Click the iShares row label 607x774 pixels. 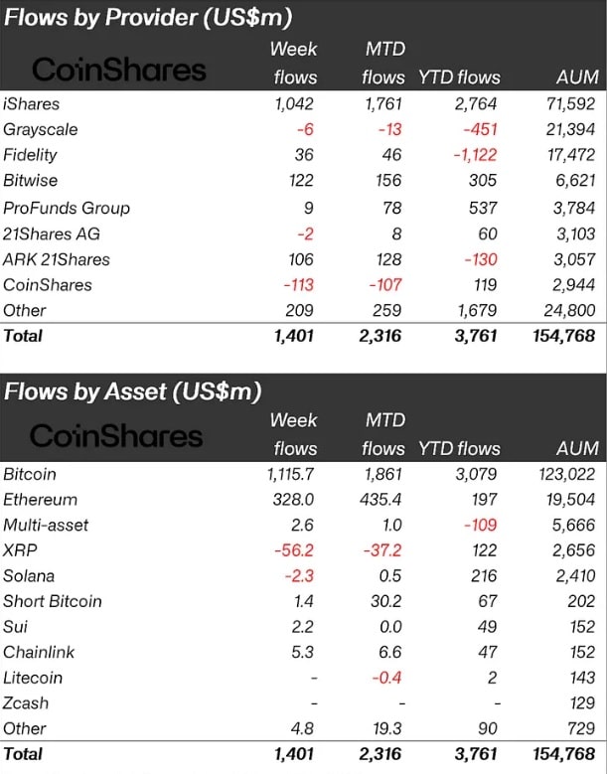pyautogui.click(x=32, y=103)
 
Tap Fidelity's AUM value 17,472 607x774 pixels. pyautogui.click(x=568, y=155)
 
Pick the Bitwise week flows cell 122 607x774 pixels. pyautogui.click(x=297, y=181)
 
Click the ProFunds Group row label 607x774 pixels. pyautogui.click(x=67, y=208)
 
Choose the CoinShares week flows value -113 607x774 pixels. pyautogui.click(x=294, y=285)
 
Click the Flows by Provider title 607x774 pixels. pyautogui.click(x=148, y=18)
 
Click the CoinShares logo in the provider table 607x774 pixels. pyautogui.click(x=119, y=69)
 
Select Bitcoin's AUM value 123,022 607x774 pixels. pyautogui.click(x=563, y=474)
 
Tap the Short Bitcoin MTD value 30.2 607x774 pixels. pyautogui.click(x=383, y=601)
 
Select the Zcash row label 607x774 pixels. pyautogui.click(x=26, y=703)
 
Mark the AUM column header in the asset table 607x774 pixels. pyautogui.click(x=577, y=448)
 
